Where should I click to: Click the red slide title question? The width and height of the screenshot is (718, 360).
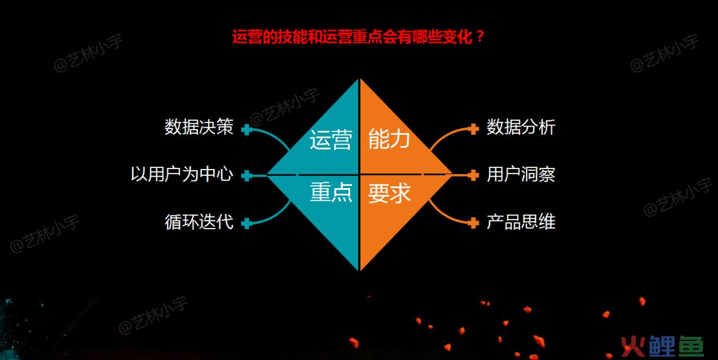[x=358, y=37]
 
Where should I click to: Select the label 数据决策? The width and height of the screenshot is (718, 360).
[x=199, y=127]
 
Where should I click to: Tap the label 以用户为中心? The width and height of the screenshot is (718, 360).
[x=182, y=174]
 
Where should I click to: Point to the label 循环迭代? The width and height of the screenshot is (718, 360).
[x=199, y=222]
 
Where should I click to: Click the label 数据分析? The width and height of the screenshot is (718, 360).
[x=521, y=127]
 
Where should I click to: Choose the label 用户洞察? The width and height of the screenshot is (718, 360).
[x=521, y=175]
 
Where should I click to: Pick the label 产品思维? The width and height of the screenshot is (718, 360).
[x=521, y=222]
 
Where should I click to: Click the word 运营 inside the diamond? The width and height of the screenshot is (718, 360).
[x=331, y=140]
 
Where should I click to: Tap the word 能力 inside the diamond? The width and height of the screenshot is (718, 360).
[x=389, y=139]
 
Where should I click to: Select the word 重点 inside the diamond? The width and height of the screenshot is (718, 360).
[x=331, y=192]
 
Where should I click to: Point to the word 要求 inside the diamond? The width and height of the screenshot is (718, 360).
[x=389, y=193]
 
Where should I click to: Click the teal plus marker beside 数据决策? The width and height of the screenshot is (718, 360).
[x=247, y=130]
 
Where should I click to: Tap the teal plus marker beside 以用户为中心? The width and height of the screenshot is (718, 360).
[x=247, y=175]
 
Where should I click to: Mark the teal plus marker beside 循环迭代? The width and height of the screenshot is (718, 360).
[x=247, y=223]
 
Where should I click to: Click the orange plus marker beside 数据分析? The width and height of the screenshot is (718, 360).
[x=473, y=129]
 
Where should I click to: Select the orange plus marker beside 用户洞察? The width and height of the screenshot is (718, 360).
[x=473, y=175]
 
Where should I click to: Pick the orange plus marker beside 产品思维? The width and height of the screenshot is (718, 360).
[x=473, y=223]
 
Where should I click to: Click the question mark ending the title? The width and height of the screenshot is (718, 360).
[x=480, y=37]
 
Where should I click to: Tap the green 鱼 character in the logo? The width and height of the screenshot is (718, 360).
[x=691, y=346]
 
